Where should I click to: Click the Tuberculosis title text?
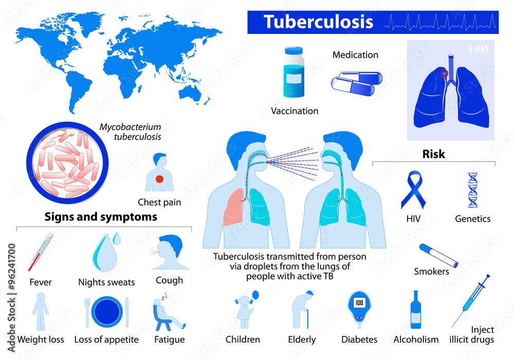[318, 22]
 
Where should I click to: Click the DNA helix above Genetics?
[472, 189]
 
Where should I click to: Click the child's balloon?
[256, 296]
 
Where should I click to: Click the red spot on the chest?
[159, 179]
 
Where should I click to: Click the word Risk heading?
[433, 154]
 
